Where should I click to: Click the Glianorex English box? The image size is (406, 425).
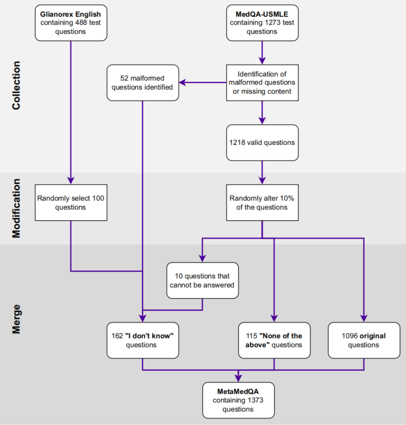tap(71, 23)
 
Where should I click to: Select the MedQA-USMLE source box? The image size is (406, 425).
tap(261, 23)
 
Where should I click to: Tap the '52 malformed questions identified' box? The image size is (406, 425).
tap(143, 82)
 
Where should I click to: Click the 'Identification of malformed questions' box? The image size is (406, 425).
tap(261, 82)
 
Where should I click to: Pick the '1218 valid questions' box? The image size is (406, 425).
tap(261, 142)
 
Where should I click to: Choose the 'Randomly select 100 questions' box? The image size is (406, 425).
tap(71, 203)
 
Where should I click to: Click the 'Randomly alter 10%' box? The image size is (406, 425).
tap(261, 203)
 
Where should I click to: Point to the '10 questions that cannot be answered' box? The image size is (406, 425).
tap(202, 280)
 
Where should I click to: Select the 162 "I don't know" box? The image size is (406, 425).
tap(143, 340)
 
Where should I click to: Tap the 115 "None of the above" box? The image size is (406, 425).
tap(274, 340)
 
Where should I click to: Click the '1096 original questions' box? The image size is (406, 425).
tap(364, 340)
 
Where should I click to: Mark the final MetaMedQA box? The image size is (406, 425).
tap(238, 400)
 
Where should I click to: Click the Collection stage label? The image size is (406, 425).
tap(16, 86)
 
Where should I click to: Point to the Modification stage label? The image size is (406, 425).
tap(16, 207)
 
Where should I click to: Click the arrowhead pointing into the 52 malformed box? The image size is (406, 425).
tap(183, 82)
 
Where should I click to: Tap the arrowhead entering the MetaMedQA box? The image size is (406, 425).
tap(238, 378)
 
